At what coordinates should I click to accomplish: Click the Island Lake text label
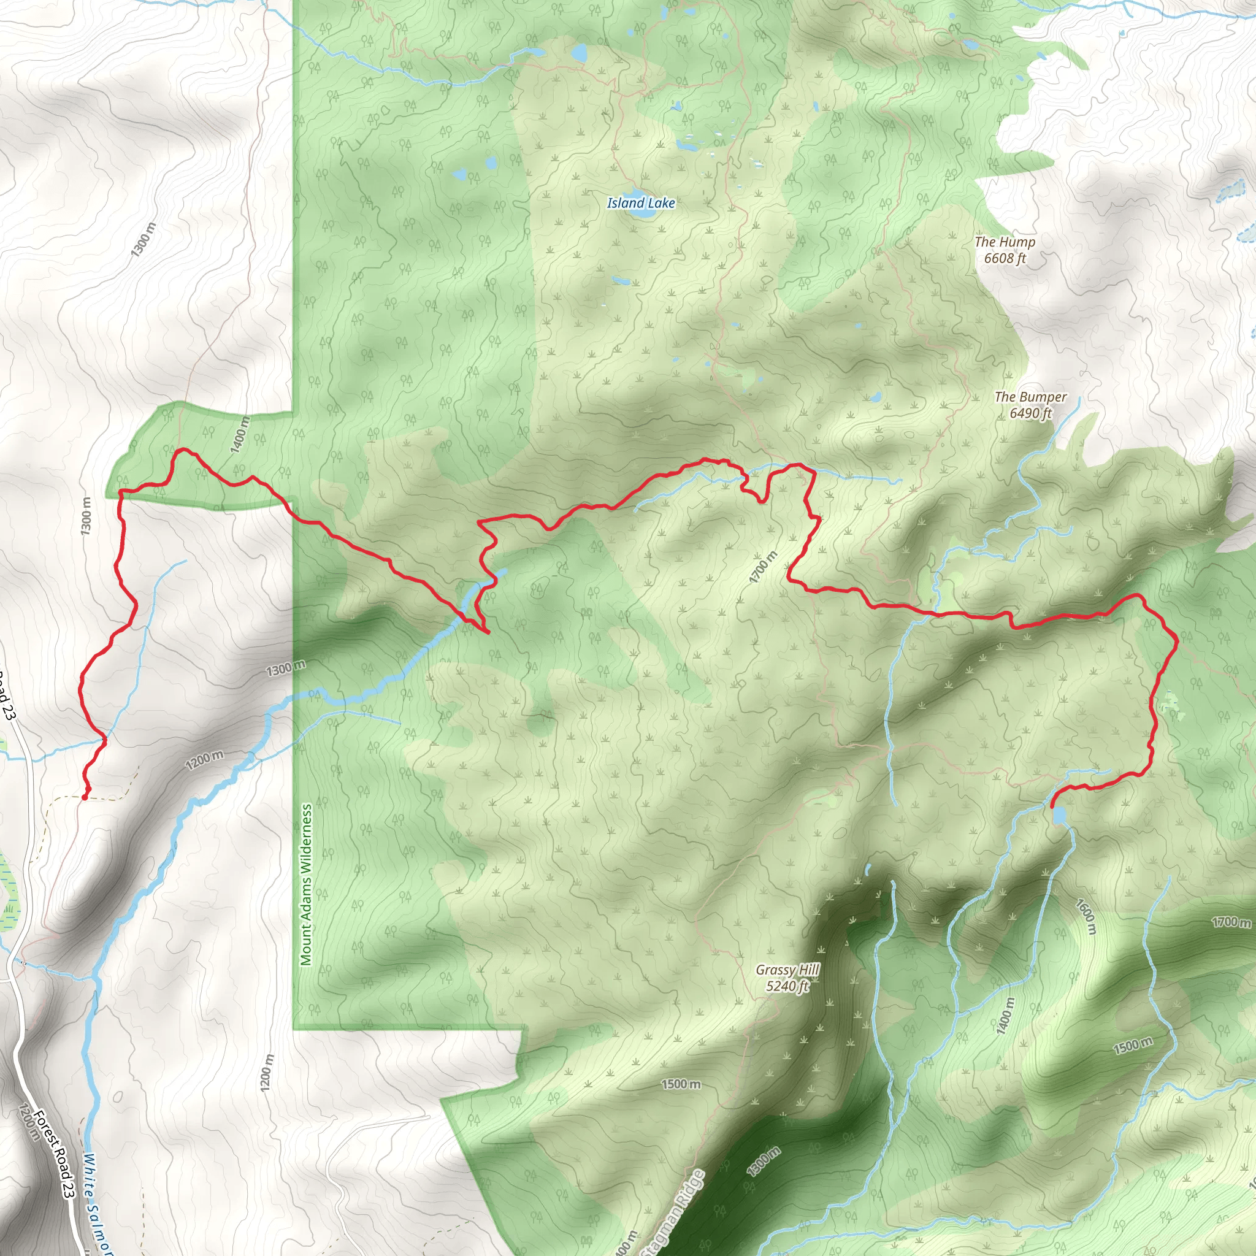tap(640, 203)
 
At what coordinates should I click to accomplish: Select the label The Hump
tap(1005, 242)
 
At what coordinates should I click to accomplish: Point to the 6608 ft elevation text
tap(1005, 258)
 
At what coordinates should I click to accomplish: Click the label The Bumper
tap(1030, 397)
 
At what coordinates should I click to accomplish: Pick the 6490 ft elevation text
tap(1030, 413)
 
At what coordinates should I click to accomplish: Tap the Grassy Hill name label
tap(787, 970)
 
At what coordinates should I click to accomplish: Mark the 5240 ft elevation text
tap(787, 986)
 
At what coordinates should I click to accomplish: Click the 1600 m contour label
tap(1086, 917)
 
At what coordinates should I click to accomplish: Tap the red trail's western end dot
tap(85, 797)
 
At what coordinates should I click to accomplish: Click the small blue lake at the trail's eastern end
tap(1059, 814)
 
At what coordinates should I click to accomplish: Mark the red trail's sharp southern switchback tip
tap(487, 632)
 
